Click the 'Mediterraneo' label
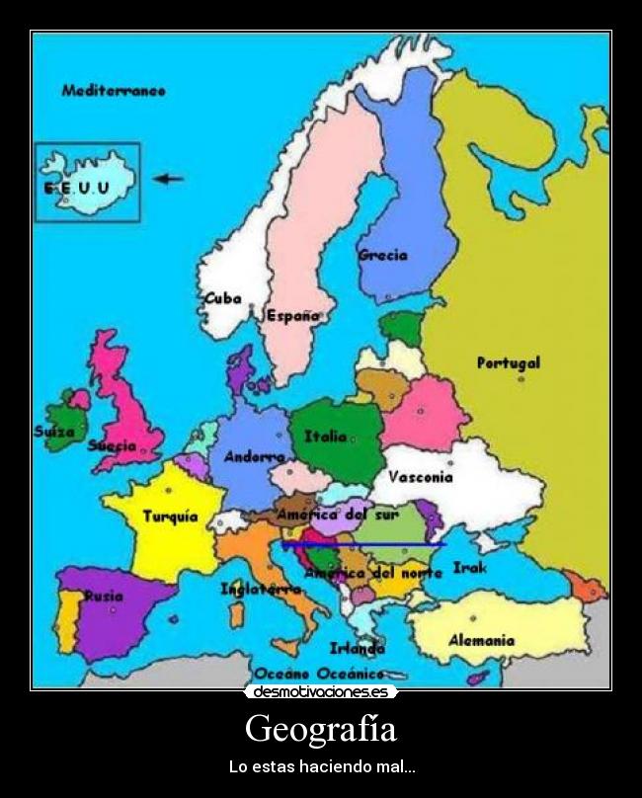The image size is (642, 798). pyautogui.click(x=113, y=91)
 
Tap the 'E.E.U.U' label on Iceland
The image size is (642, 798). pyautogui.click(x=75, y=187)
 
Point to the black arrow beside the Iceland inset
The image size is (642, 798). pyautogui.click(x=169, y=179)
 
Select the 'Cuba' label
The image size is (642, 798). pyautogui.click(x=222, y=298)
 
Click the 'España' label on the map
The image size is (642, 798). pyautogui.click(x=293, y=316)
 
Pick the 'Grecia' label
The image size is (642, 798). pyautogui.click(x=383, y=255)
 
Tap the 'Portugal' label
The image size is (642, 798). pyautogui.click(x=509, y=362)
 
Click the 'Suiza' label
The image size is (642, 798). pyautogui.click(x=54, y=432)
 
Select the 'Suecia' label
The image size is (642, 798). pyautogui.click(x=112, y=445)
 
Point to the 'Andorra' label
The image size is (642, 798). pyautogui.click(x=254, y=457)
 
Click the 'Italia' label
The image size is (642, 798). pyautogui.click(x=326, y=436)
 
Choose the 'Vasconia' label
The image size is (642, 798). pyautogui.click(x=420, y=477)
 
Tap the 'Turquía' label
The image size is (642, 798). pyautogui.click(x=171, y=517)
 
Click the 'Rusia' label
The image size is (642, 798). pyautogui.click(x=104, y=596)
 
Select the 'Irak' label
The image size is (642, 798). pyautogui.click(x=466, y=568)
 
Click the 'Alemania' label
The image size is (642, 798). pyautogui.click(x=481, y=640)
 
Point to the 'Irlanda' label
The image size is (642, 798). pyautogui.click(x=358, y=649)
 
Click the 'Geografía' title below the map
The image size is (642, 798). pyautogui.click(x=321, y=730)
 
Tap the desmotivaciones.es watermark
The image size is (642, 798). pyautogui.click(x=321, y=692)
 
